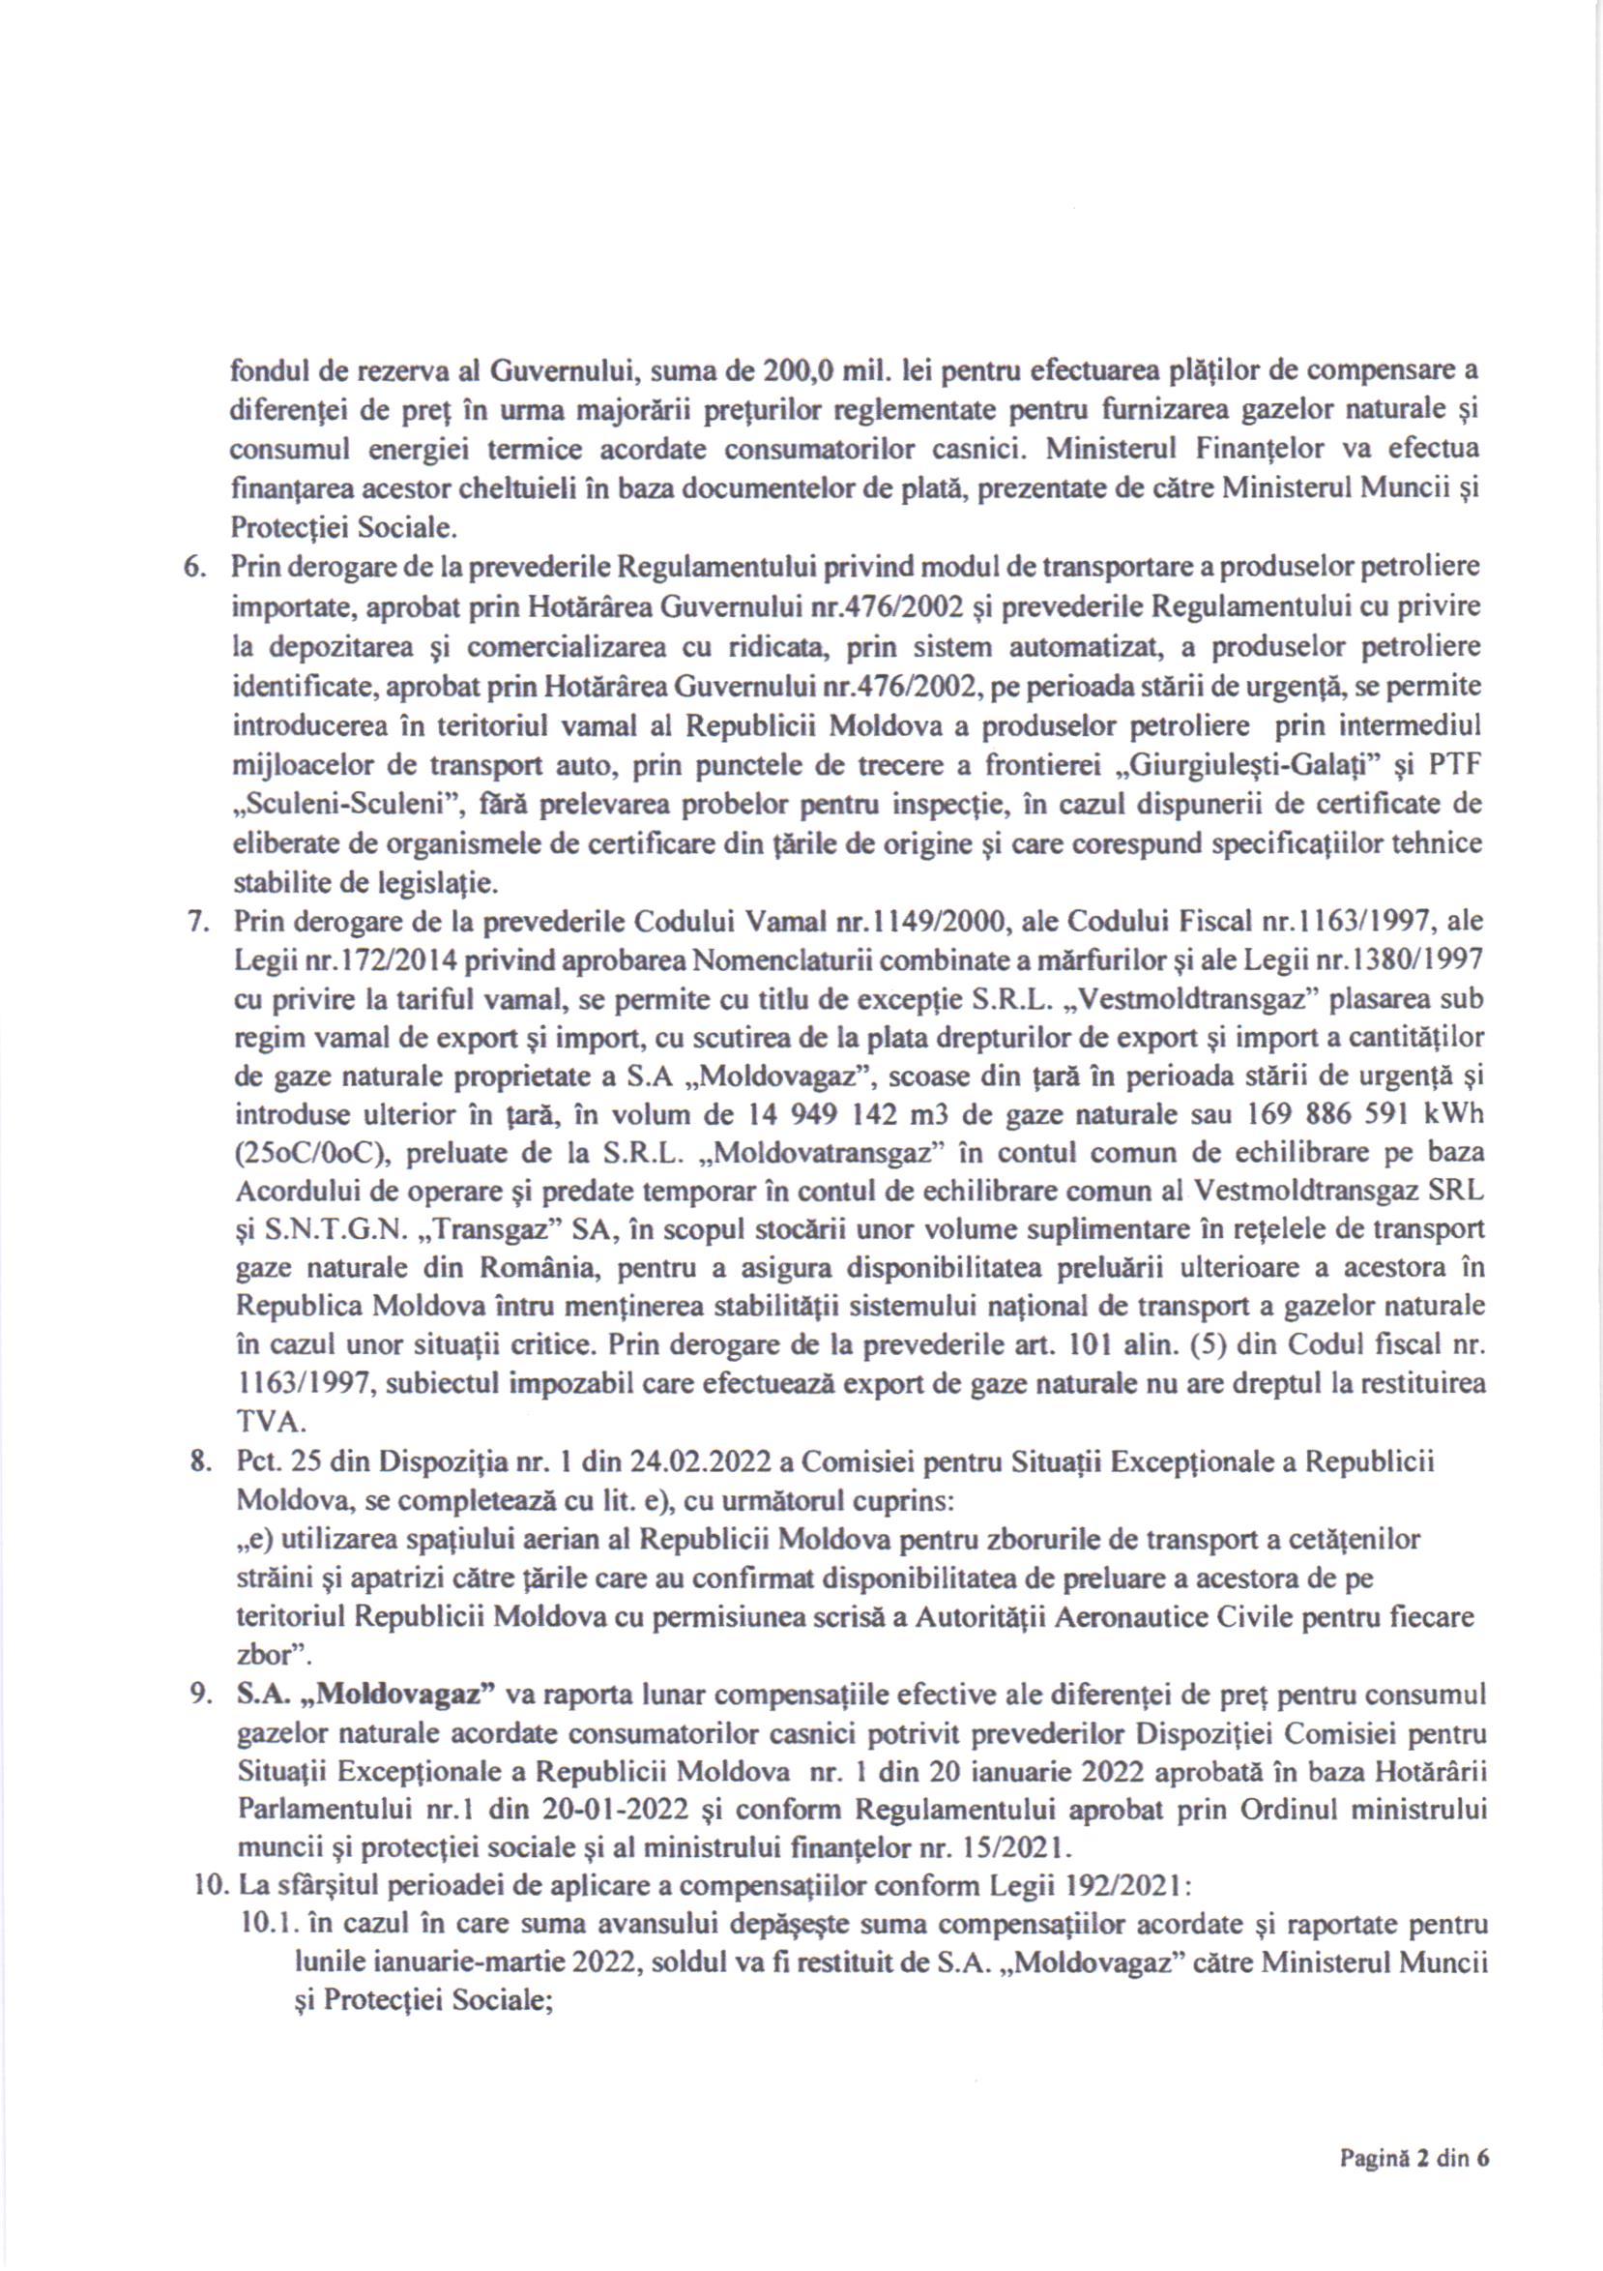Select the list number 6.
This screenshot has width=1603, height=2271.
coord(196,568)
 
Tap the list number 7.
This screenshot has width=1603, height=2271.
coord(196,921)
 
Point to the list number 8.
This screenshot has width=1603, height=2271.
coord(197,1461)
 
